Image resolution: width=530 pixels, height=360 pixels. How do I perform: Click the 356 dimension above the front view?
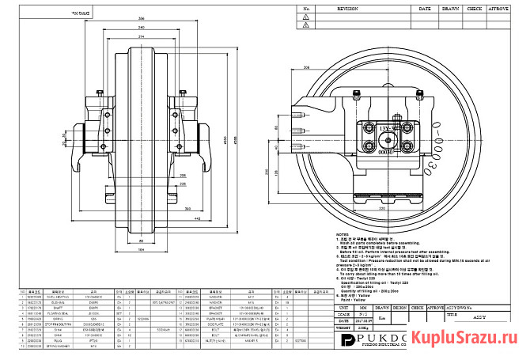(141, 18)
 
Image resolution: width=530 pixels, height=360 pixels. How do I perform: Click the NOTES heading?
(342, 235)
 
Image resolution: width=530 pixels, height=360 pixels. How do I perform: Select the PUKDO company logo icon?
(349, 340)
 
